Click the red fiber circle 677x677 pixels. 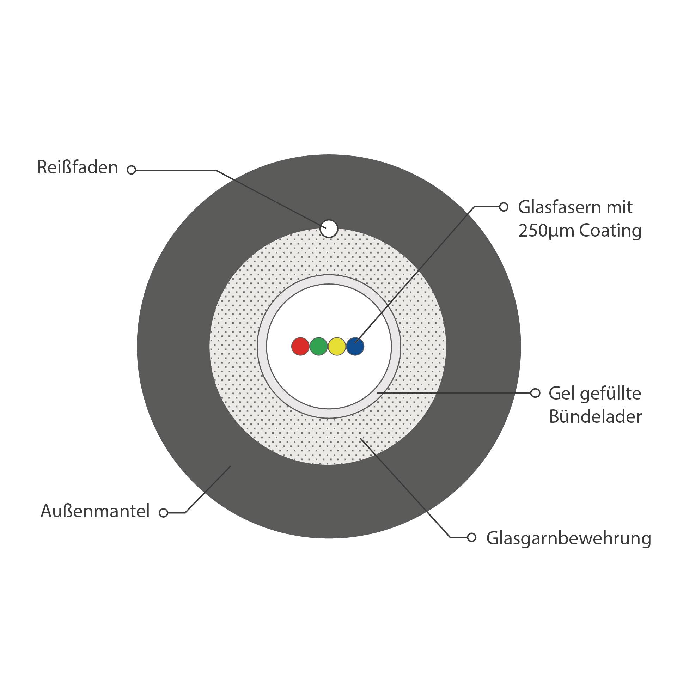[300, 346]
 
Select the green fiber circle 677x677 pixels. [319, 346]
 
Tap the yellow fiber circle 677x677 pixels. [337, 346]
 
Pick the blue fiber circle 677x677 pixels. [355, 346]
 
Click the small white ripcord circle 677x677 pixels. [329, 228]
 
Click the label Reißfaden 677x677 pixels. [78, 167]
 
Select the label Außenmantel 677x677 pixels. [95, 511]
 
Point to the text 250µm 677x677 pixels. [546, 231]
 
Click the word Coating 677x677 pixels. [610, 231]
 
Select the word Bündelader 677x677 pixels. [595, 416]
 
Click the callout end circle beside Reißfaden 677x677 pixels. [132, 170]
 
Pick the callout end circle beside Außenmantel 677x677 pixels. [163, 513]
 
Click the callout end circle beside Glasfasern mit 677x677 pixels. [504, 207]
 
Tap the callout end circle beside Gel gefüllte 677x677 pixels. [535, 393]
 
